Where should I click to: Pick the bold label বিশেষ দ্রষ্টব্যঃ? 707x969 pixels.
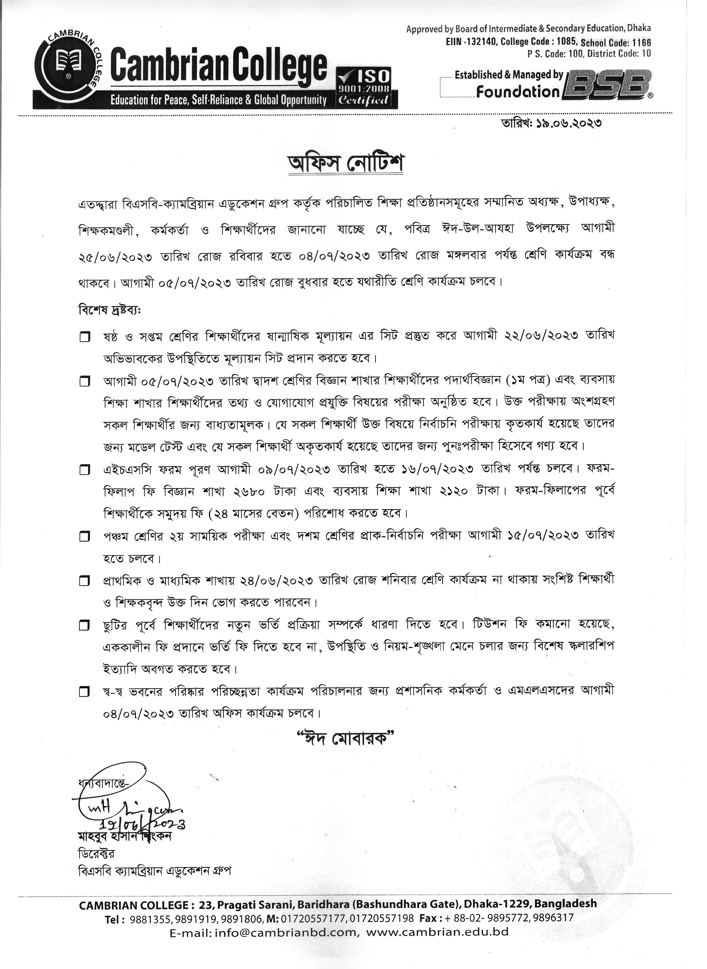[109, 309]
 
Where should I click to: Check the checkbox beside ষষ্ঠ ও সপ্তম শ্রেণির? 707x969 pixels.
[85, 337]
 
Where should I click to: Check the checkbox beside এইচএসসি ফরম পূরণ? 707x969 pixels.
[85, 470]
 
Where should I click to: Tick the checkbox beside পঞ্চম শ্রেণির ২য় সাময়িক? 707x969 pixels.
[85, 537]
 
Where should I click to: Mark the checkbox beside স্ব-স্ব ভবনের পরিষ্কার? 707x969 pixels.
[85, 692]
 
